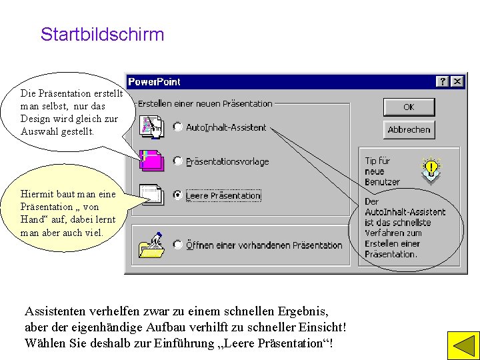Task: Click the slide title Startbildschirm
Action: (x=102, y=35)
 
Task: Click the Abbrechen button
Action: (x=409, y=129)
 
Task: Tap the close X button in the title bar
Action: (x=457, y=81)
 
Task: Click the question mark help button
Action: (x=443, y=81)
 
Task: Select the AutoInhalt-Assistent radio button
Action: (x=178, y=127)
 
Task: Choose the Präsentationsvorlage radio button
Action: (x=178, y=161)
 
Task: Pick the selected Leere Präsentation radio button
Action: (x=178, y=195)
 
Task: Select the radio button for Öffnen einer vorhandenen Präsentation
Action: (x=178, y=245)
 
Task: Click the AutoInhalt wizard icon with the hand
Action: (x=153, y=127)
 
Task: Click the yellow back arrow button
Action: (x=459, y=345)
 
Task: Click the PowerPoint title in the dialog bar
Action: (x=154, y=81)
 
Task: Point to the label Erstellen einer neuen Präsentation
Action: (x=205, y=104)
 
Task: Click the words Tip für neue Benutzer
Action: (x=381, y=171)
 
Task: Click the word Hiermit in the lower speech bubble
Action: (x=36, y=194)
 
